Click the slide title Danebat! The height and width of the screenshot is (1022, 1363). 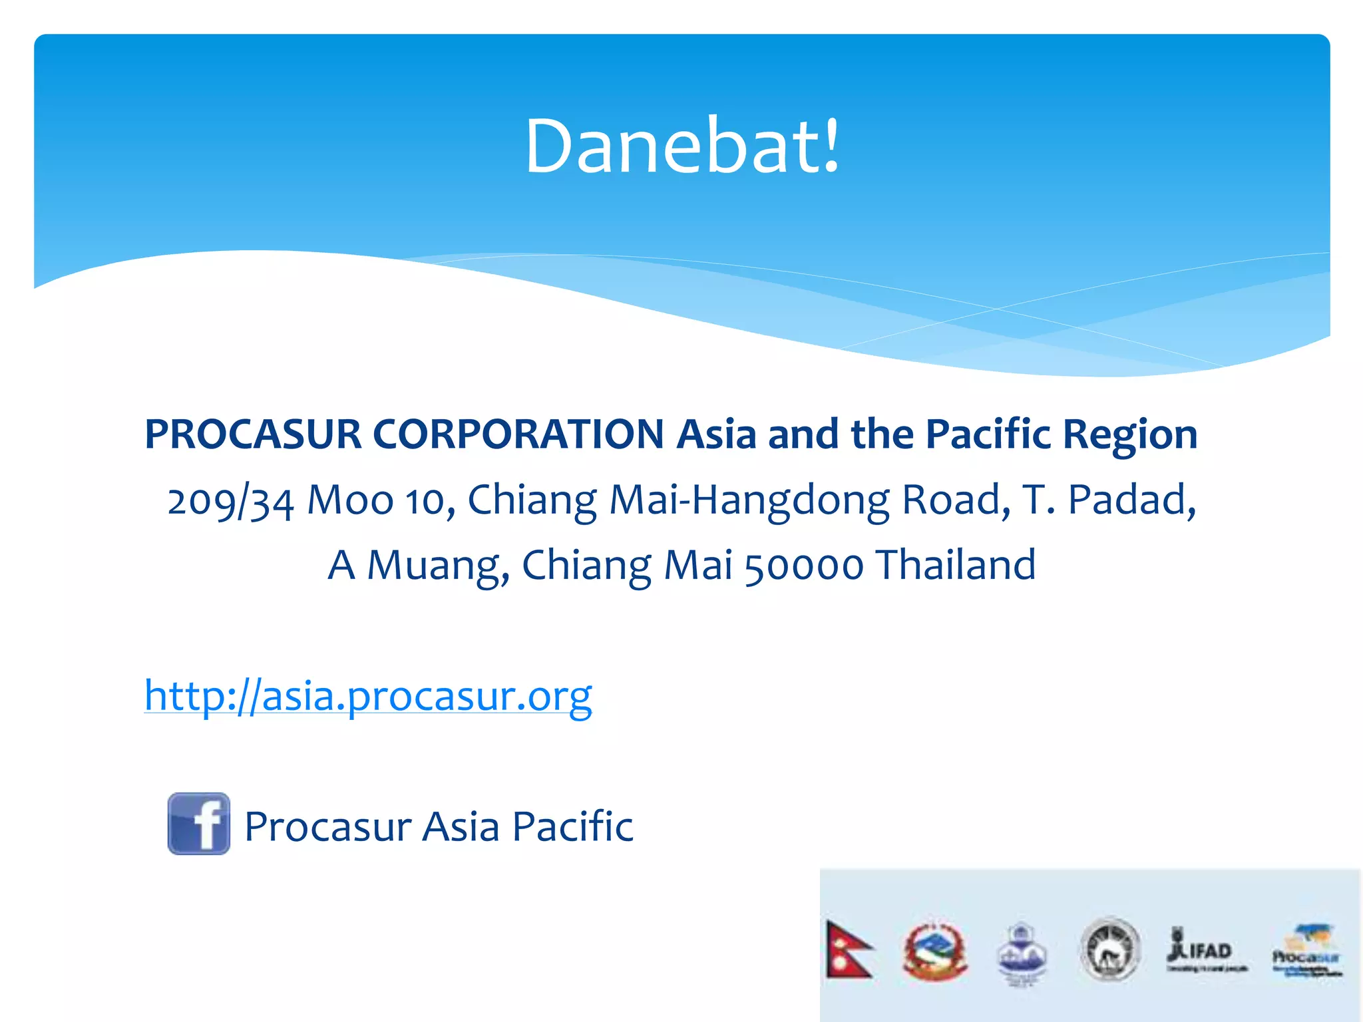[682, 146]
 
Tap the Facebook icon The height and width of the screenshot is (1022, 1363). [198, 824]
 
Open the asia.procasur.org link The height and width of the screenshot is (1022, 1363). [368, 696]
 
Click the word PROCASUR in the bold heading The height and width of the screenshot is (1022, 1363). [253, 434]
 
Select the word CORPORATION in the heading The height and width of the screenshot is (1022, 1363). [518, 434]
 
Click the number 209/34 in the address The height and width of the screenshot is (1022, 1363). [230, 500]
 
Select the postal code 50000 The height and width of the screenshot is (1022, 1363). [803, 566]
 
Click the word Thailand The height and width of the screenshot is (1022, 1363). [956, 565]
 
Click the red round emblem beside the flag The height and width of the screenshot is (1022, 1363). [934, 951]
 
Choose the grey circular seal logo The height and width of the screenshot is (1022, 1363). [1109, 949]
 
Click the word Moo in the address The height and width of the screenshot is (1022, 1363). [350, 500]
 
